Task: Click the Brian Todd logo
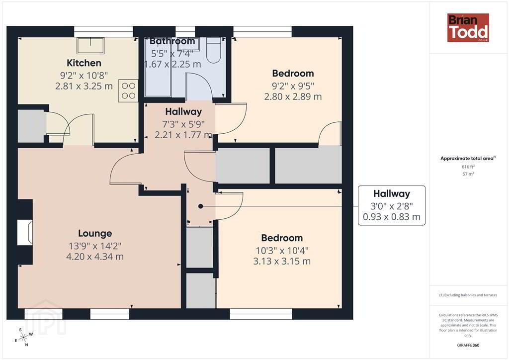pos(468,27)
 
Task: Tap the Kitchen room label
pos(84,63)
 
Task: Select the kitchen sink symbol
pos(90,45)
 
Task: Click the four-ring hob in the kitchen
pos(128,90)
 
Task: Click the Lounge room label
pos(95,233)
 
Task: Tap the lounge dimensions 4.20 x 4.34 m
pos(95,257)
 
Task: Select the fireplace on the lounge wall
pos(25,232)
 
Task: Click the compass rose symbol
pos(24,338)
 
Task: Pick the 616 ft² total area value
pos(468,167)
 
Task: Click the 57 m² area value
pos(468,174)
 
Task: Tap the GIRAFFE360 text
pos(468,345)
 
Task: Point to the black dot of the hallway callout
pos(201,206)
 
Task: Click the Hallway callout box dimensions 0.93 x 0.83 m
pos(392,217)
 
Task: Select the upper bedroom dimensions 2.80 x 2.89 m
pos(293,97)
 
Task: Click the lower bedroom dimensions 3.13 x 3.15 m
pos(282,262)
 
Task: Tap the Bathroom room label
pos(172,41)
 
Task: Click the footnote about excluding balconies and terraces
pos(468,295)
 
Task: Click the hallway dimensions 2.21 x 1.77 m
pos(183,135)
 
